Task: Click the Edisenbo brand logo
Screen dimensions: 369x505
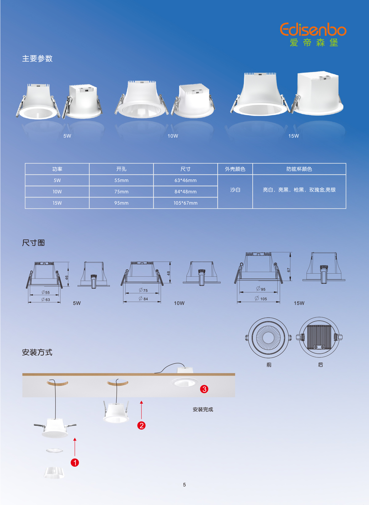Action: pyautogui.click(x=313, y=34)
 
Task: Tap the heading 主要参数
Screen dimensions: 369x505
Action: pyautogui.click(x=37, y=59)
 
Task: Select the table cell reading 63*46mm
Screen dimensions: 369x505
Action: pyautogui.click(x=186, y=180)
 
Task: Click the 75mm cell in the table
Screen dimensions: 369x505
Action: pyautogui.click(x=121, y=192)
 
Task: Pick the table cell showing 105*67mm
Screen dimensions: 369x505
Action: pyautogui.click(x=186, y=203)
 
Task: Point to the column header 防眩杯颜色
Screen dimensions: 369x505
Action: pyautogui.click(x=299, y=169)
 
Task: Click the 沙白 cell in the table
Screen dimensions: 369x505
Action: pyautogui.click(x=235, y=190)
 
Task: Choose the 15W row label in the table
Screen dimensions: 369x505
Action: pyautogui.click(x=57, y=203)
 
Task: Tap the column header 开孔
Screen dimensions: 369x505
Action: pyautogui.click(x=121, y=169)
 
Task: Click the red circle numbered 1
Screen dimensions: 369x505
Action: pyautogui.click(x=75, y=462)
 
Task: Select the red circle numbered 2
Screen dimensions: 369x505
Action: pyautogui.click(x=141, y=426)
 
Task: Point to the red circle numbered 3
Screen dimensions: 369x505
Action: pyautogui.click(x=204, y=389)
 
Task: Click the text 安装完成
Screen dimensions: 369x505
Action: pyautogui.click(x=203, y=409)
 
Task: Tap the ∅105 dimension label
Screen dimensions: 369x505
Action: pyautogui.click(x=261, y=299)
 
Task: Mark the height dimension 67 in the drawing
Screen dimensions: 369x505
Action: pyautogui.click(x=289, y=270)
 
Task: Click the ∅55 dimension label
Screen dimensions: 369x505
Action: pyautogui.click(x=46, y=292)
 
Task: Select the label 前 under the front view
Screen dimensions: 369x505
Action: pyautogui.click(x=269, y=365)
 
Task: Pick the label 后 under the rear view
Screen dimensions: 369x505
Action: pyautogui.click(x=320, y=365)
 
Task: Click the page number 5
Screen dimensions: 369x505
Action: pyautogui.click(x=184, y=485)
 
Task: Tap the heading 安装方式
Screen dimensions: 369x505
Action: pyautogui.click(x=37, y=352)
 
